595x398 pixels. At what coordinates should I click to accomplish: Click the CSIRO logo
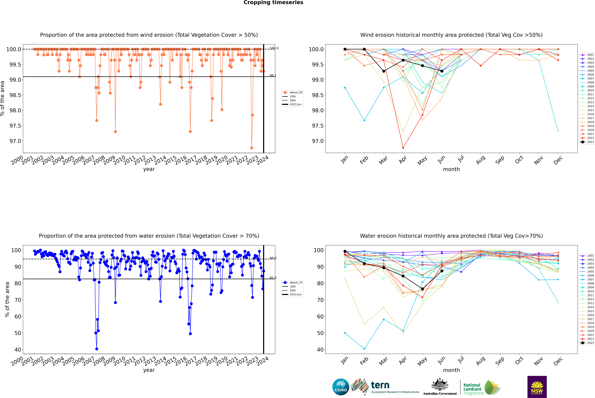coord(341,387)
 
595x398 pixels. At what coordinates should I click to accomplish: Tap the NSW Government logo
coord(537,387)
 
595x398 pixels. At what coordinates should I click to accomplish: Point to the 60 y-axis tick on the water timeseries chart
coord(18,317)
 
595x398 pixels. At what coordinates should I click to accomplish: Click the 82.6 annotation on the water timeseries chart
coord(273,278)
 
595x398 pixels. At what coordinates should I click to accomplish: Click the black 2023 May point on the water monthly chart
coord(422,289)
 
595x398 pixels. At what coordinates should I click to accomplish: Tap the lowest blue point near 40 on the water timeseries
coord(97,349)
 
